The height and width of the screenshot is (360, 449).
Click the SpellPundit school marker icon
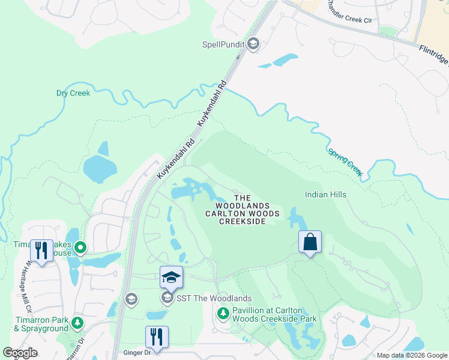pos(253,44)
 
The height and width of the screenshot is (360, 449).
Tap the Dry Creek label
pos(73,93)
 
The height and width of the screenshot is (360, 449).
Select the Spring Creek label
pos(346,162)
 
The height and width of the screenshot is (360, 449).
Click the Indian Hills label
pos(325,194)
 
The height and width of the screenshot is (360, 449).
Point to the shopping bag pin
pos(310,242)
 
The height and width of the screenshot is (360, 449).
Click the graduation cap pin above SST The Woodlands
pos(171,277)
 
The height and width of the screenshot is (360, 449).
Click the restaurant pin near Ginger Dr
pos(157,337)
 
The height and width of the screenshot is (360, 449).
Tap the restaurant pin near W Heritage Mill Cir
pos(41,250)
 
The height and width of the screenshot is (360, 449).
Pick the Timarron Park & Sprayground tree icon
pos(77,323)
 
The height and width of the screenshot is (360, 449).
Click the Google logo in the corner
pos(20,353)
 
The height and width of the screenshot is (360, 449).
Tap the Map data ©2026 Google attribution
pos(412,355)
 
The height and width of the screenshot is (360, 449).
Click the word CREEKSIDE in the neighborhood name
pos(242,221)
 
